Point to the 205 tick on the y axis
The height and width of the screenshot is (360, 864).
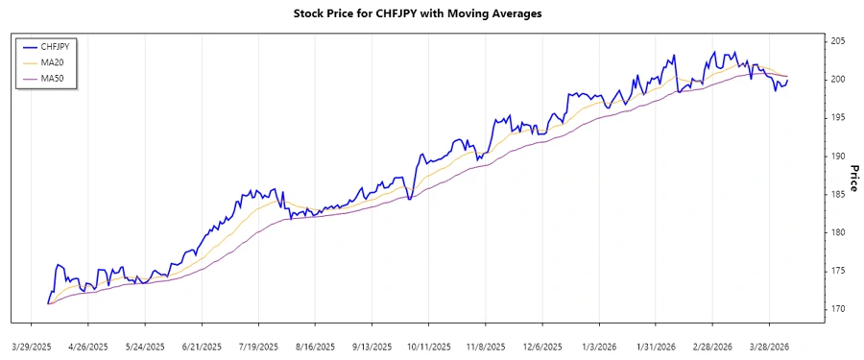click(x=838, y=41)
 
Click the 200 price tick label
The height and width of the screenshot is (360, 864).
click(x=838, y=80)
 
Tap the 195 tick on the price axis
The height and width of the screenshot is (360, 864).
click(x=838, y=117)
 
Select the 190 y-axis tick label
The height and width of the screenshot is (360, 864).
click(x=838, y=156)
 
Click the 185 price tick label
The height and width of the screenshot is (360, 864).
click(x=838, y=194)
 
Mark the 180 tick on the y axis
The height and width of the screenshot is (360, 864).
click(x=838, y=232)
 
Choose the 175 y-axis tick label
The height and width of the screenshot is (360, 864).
click(x=838, y=271)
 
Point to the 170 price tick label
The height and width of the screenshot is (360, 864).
click(x=838, y=309)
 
